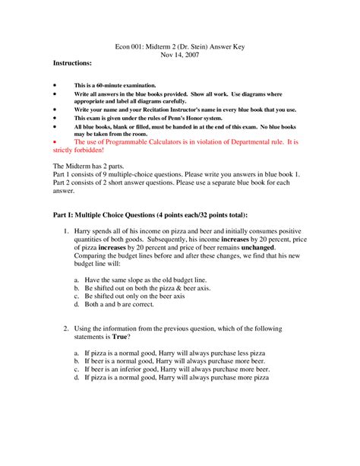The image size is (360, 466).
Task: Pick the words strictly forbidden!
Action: [79, 151]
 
